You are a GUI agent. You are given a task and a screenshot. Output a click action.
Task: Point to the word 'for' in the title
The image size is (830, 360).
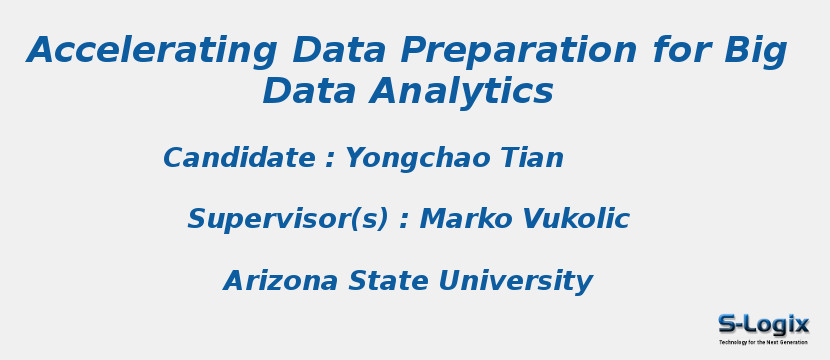680,51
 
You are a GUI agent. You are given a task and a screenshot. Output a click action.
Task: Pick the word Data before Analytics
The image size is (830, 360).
310,92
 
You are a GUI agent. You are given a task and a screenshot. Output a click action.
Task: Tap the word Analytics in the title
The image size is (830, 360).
462,92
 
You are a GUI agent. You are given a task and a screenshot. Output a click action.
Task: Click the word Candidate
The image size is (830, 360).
239,158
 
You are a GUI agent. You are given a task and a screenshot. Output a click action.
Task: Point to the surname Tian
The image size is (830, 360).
530,158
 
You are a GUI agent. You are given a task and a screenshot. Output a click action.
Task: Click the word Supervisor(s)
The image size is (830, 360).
288,219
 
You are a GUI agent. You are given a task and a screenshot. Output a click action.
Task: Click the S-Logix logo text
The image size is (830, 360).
763,324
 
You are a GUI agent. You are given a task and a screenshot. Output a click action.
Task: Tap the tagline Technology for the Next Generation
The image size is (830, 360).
763,342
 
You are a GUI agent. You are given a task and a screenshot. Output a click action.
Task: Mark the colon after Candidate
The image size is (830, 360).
330,160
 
